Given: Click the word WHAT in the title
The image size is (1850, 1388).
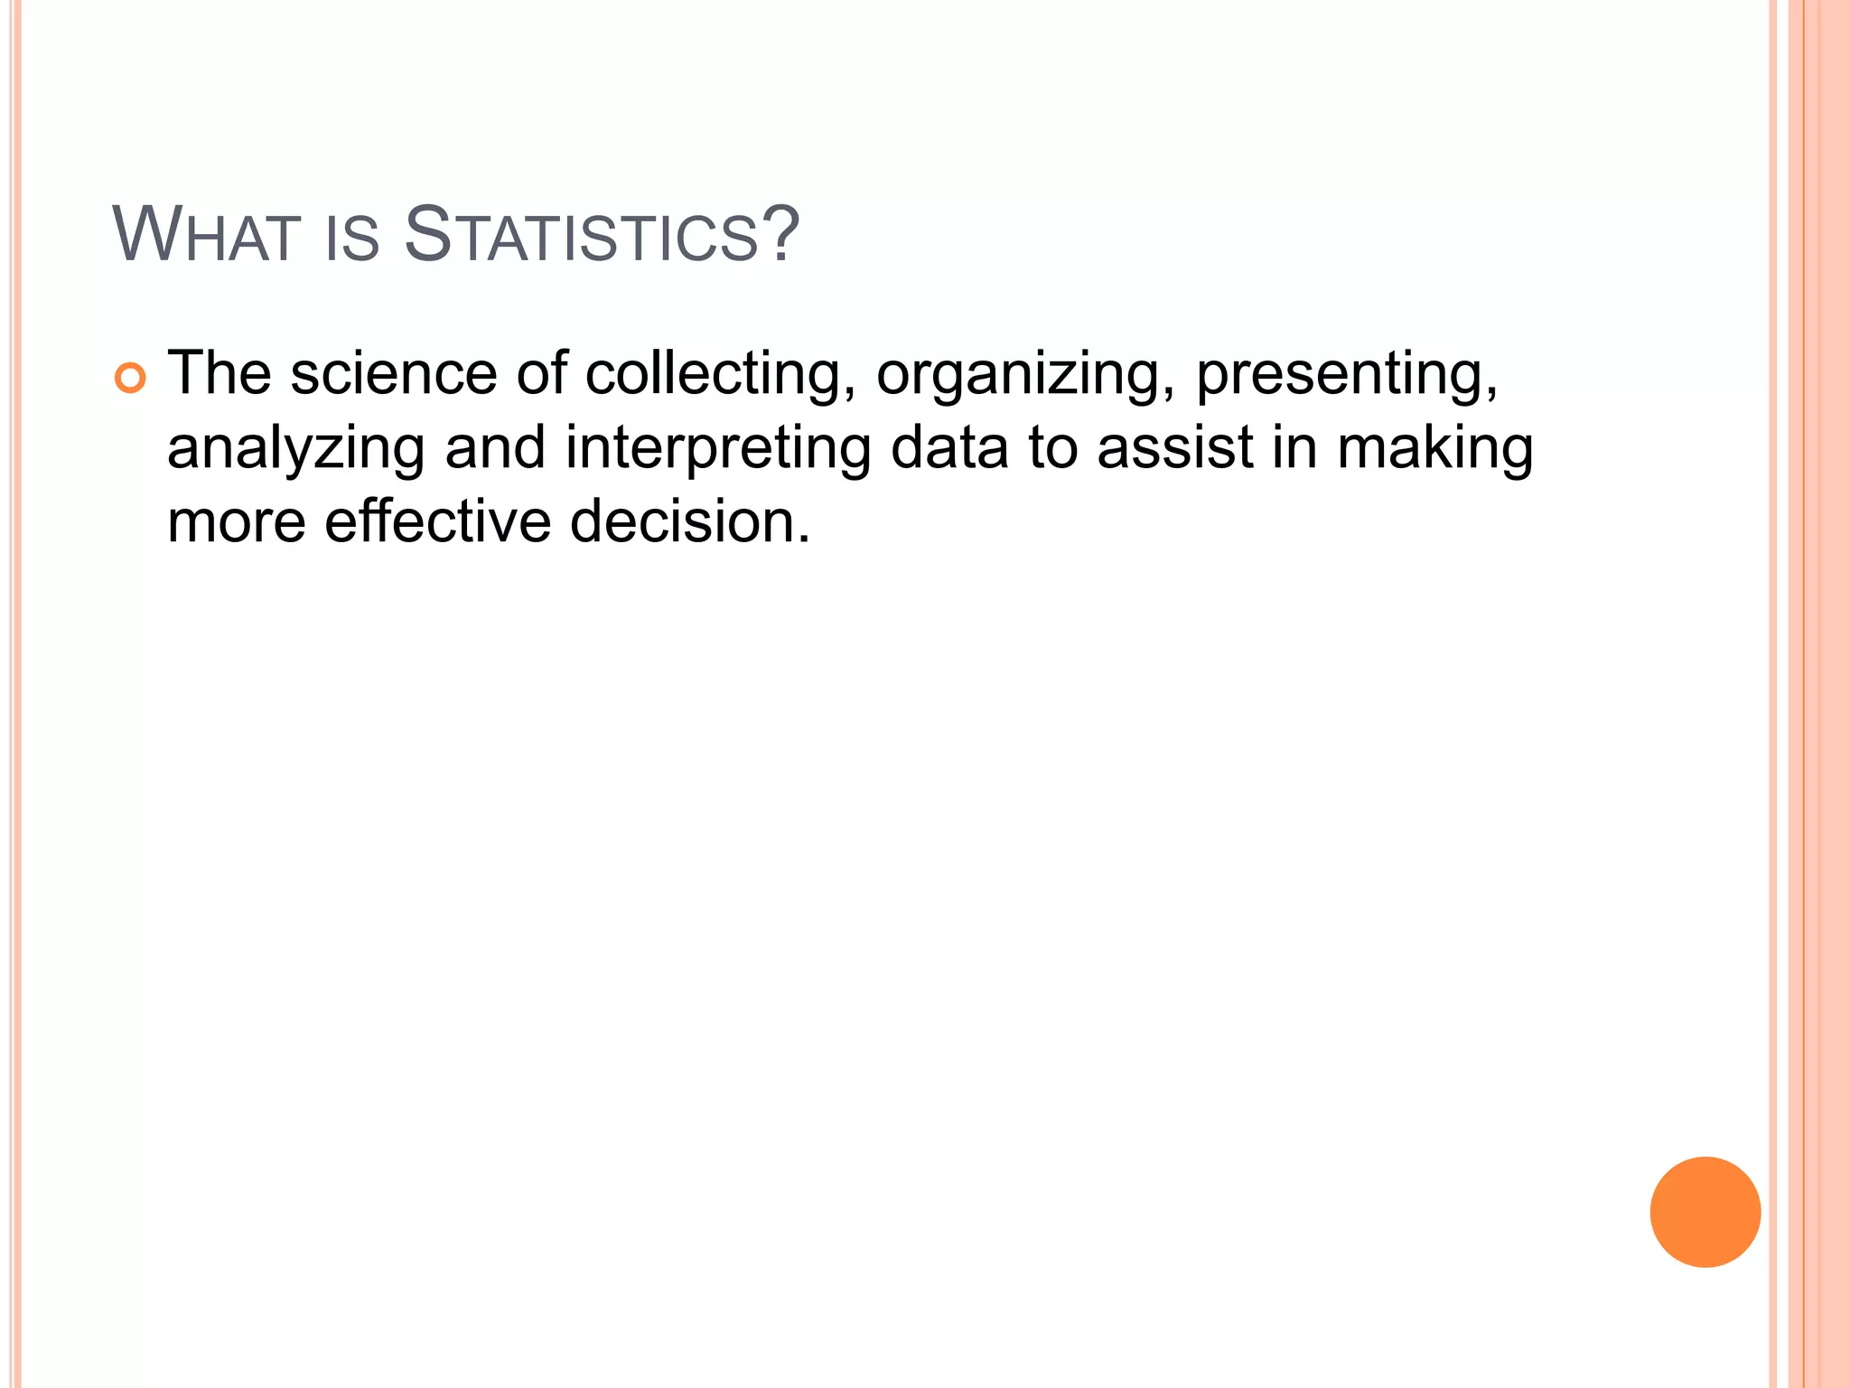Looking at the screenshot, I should tap(205, 236).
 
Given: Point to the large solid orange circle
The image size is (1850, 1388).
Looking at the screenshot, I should tap(1705, 1212).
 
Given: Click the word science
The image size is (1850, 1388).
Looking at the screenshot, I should tap(393, 373).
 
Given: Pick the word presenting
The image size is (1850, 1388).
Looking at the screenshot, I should tap(1346, 375).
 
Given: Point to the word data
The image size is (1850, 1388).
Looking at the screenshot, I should tap(949, 448).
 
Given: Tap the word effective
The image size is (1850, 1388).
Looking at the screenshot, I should tap(437, 521).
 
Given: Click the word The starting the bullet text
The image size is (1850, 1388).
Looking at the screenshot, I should tap(220, 373).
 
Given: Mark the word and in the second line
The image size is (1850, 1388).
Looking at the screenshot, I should tap(495, 448).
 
